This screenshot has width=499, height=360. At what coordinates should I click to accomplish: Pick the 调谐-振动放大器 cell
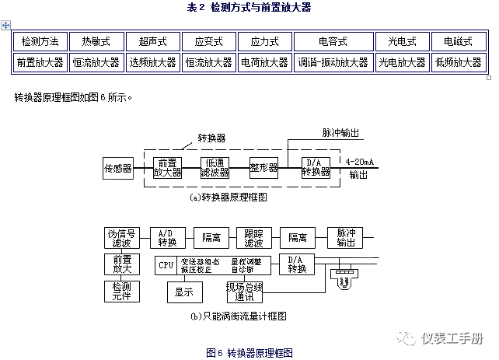coord(333,62)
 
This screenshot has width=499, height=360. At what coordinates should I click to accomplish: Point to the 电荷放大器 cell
coord(265,62)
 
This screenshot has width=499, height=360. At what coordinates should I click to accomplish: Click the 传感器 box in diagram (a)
coord(118,167)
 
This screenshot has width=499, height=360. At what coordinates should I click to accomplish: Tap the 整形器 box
coord(263,167)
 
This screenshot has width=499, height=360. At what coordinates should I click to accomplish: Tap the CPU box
coord(166,265)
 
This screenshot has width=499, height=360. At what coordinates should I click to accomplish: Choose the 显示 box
coord(184,292)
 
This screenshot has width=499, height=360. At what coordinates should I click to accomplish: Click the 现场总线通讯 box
coord(245,292)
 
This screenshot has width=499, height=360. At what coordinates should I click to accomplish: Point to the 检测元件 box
coord(120,292)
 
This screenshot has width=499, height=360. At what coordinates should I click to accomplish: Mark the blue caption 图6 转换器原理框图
coord(249,352)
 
